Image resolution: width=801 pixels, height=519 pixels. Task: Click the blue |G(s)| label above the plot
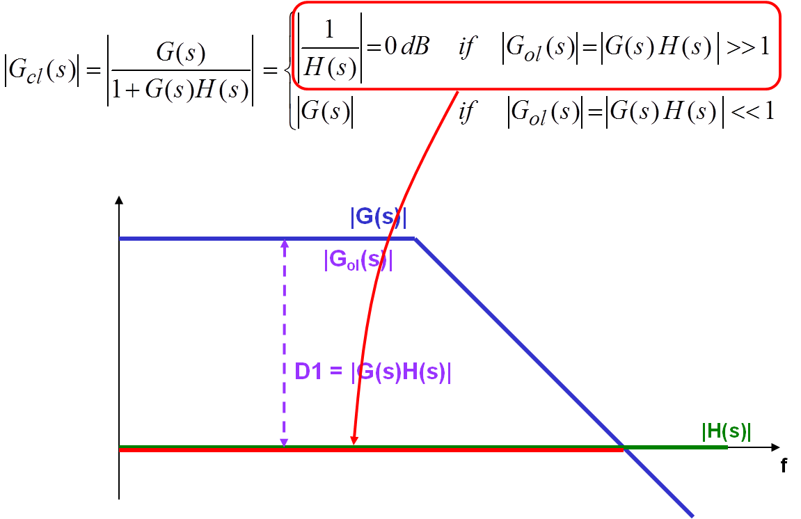pyautogui.click(x=379, y=218)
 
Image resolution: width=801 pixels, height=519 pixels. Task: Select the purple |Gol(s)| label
pyautogui.click(x=358, y=260)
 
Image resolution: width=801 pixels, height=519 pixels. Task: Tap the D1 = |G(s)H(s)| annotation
pyautogui.click(x=373, y=372)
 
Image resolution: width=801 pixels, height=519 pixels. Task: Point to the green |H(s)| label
pyautogui.click(x=726, y=432)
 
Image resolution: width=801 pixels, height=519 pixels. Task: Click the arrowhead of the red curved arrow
pyautogui.click(x=354, y=440)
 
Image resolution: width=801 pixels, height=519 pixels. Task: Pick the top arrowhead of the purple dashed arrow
pyautogui.click(x=284, y=243)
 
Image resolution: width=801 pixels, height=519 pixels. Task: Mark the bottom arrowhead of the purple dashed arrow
pyautogui.click(x=284, y=442)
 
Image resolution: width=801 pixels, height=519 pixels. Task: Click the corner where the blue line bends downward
pyautogui.click(x=415, y=239)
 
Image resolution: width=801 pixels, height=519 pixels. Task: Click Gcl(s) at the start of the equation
pyautogui.click(x=42, y=70)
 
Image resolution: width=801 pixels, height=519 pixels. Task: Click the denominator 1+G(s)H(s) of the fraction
pyautogui.click(x=180, y=91)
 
